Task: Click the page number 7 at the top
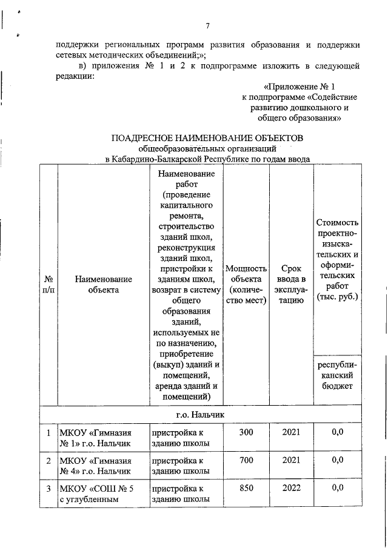coord(207,25)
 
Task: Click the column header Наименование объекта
coord(103,285)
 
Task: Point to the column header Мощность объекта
coord(246,285)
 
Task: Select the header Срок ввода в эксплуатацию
coord(291,285)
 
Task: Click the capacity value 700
coord(246,460)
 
